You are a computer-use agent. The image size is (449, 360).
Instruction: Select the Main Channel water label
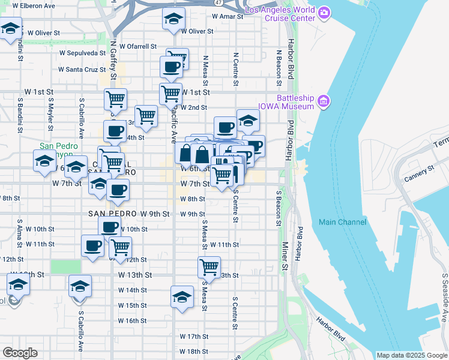(342, 222)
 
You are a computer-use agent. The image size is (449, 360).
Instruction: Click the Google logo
(19, 353)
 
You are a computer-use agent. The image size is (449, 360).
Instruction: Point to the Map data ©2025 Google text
(411, 355)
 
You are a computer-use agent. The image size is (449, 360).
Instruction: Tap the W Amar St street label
(228, 17)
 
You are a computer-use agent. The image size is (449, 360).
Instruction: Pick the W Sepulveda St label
(82, 53)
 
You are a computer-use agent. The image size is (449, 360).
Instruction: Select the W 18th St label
(193, 352)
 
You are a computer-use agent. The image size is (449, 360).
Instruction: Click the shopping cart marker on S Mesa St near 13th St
(209, 267)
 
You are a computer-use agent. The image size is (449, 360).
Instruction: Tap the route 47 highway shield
(219, 3)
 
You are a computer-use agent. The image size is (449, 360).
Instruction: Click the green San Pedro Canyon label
(59, 146)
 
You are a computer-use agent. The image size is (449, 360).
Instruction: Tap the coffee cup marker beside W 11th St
(92, 246)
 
